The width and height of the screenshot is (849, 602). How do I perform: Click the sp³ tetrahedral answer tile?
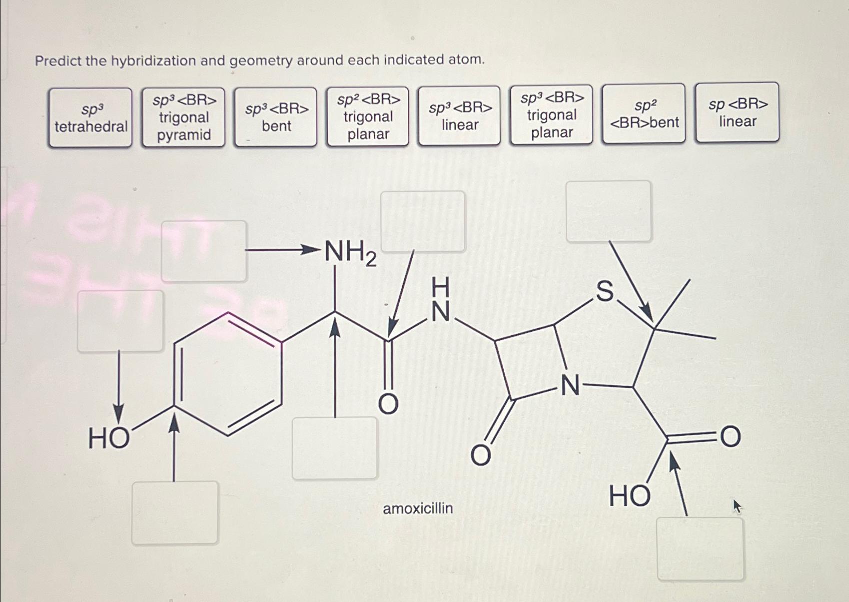click(x=90, y=117)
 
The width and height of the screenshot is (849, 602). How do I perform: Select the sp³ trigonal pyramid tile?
click(x=184, y=117)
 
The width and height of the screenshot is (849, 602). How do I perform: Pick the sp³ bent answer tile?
click(x=276, y=117)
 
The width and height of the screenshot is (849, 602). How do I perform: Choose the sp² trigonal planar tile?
click(x=368, y=116)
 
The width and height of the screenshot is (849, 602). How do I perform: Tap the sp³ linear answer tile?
click(x=460, y=115)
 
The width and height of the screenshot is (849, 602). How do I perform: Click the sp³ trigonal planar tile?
click(x=552, y=115)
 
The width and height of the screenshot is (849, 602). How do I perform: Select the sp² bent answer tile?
click(x=644, y=114)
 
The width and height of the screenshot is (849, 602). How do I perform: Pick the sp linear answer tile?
click(x=738, y=112)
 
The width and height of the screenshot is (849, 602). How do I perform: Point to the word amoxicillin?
click(x=418, y=508)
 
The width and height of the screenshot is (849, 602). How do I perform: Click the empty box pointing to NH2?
click(x=204, y=251)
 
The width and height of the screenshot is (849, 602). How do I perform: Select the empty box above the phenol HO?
click(x=120, y=321)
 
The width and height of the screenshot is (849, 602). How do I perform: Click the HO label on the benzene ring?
click(x=109, y=438)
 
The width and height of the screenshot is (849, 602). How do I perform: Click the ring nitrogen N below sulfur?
click(x=571, y=386)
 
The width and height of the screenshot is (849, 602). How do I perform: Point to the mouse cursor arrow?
click(x=737, y=506)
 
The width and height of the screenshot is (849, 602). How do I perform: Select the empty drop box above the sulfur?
click(x=609, y=211)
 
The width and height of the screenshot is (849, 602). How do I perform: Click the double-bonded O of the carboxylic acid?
click(x=730, y=437)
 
